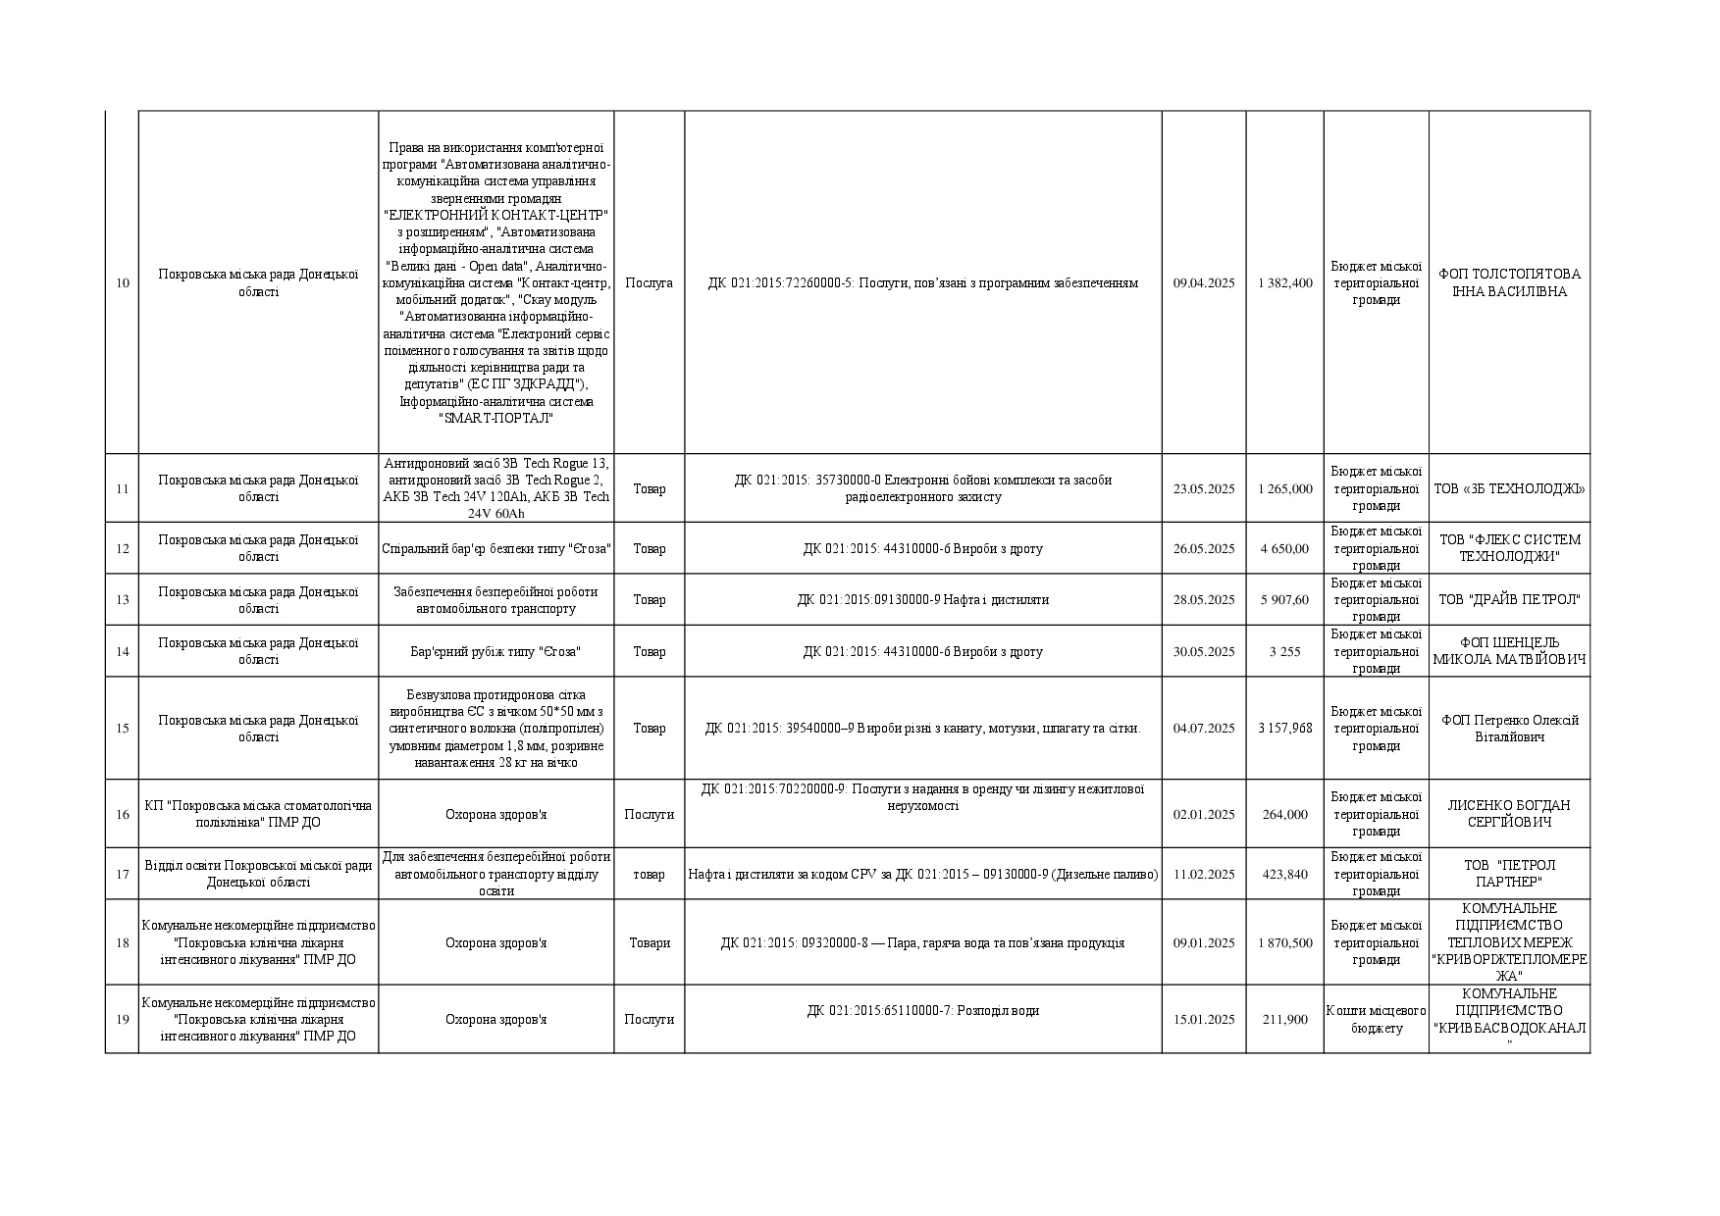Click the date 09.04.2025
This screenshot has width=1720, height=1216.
(x=1204, y=283)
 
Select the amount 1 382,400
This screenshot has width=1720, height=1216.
(x=1284, y=283)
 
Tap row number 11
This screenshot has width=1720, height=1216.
(x=123, y=488)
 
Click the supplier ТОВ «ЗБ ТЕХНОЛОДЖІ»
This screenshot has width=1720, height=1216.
(x=1509, y=488)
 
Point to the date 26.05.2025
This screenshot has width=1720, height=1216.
(x=1204, y=549)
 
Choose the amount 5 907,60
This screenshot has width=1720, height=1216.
(x=1284, y=600)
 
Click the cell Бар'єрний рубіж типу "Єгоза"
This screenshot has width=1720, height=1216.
(x=495, y=652)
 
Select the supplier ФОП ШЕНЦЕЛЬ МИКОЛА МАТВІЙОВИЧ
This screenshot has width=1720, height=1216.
(x=1509, y=651)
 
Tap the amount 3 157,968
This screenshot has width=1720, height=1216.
(x=1284, y=729)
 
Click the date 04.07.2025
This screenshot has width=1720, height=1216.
(x=1204, y=729)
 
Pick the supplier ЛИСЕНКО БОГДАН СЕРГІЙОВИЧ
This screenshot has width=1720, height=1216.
(x=1509, y=814)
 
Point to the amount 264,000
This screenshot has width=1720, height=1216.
(x=1284, y=815)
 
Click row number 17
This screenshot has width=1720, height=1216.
(x=123, y=875)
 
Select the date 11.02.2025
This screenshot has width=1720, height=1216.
(x=1204, y=875)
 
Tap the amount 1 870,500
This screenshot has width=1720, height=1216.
(x=1284, y=943)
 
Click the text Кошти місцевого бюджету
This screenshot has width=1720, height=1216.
(x=1376, y=1020)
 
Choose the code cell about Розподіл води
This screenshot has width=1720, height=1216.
(x=922, y=1011)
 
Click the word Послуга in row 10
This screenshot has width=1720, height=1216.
(x=649, y=283)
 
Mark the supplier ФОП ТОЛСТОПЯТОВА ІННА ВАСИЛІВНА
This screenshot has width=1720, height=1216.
(x=1509, y=283)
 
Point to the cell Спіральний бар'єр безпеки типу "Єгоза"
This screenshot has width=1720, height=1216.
(x=495, y=549)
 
